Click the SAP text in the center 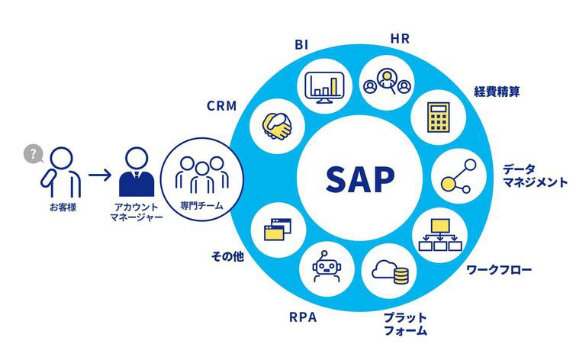(360, 179)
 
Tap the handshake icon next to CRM (277, 126)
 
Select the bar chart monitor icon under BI (325, 88)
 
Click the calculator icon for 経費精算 (438, 117)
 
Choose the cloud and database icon (390, 272)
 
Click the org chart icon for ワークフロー (440, 235)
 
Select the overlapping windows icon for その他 (278, 230)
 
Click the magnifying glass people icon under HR (387, 82)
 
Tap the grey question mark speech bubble (33, 154)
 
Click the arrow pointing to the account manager (99, 175)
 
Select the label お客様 (63, 207)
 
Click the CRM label (221, 106)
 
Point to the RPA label (303, 317)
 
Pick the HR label (400, 38)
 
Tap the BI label (301, 44)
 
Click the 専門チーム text (201, 205)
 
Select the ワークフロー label (499, 270)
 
